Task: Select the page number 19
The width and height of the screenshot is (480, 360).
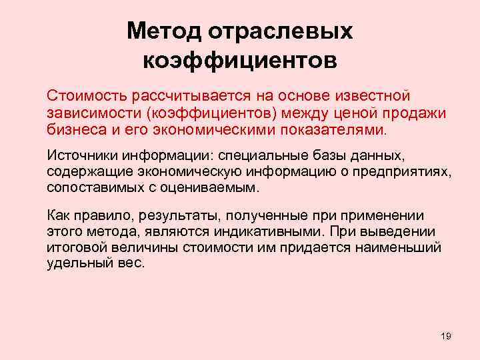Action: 446,335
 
